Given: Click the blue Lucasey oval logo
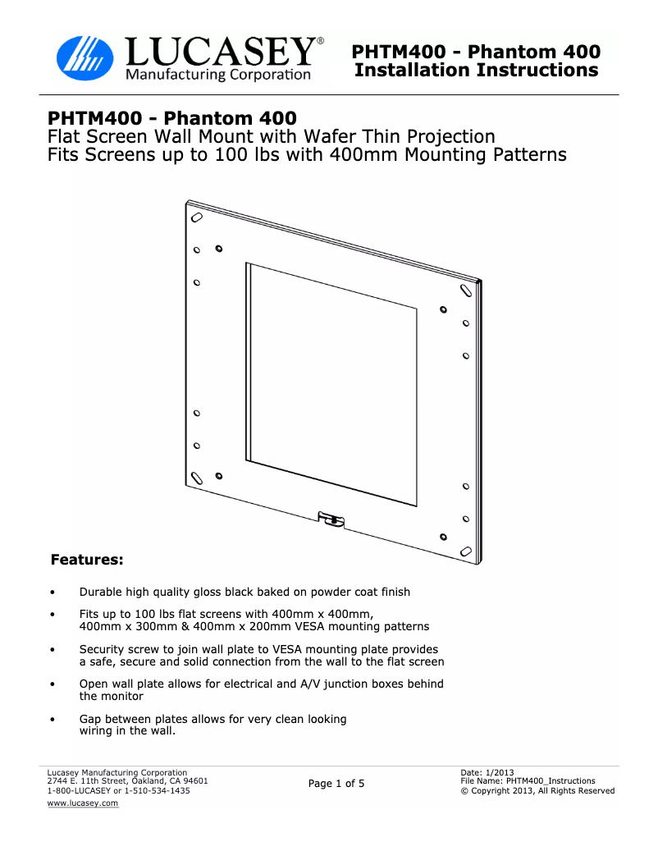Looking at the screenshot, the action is tap(85, 58).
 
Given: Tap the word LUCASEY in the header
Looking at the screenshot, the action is tap(221, 52).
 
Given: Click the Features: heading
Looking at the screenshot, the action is tap(87, 560).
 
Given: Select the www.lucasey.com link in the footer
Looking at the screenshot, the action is tap(82, 803).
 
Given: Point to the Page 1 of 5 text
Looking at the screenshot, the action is tap(336, 783).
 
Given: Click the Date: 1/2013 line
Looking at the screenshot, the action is tap(487, 772).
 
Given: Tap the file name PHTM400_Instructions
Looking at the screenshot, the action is tap(551, 781).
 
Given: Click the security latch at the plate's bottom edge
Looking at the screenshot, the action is tap(331, 520).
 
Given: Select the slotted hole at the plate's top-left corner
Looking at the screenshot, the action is tap(197, 217).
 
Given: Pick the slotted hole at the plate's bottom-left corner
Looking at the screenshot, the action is tap(197, 478).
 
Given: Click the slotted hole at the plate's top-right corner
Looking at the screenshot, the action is tap(465, 291).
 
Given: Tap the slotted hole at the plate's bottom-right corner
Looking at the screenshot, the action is tap(465, 551).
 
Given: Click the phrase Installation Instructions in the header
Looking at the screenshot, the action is tap(477, 70).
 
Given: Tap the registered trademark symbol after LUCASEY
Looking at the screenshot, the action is tap(321, 41).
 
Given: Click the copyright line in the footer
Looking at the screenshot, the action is tap(537, 791).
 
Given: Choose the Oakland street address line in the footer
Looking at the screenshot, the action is tap(127, 781).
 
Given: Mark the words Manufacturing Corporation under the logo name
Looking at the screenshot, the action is tap(218, 75).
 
